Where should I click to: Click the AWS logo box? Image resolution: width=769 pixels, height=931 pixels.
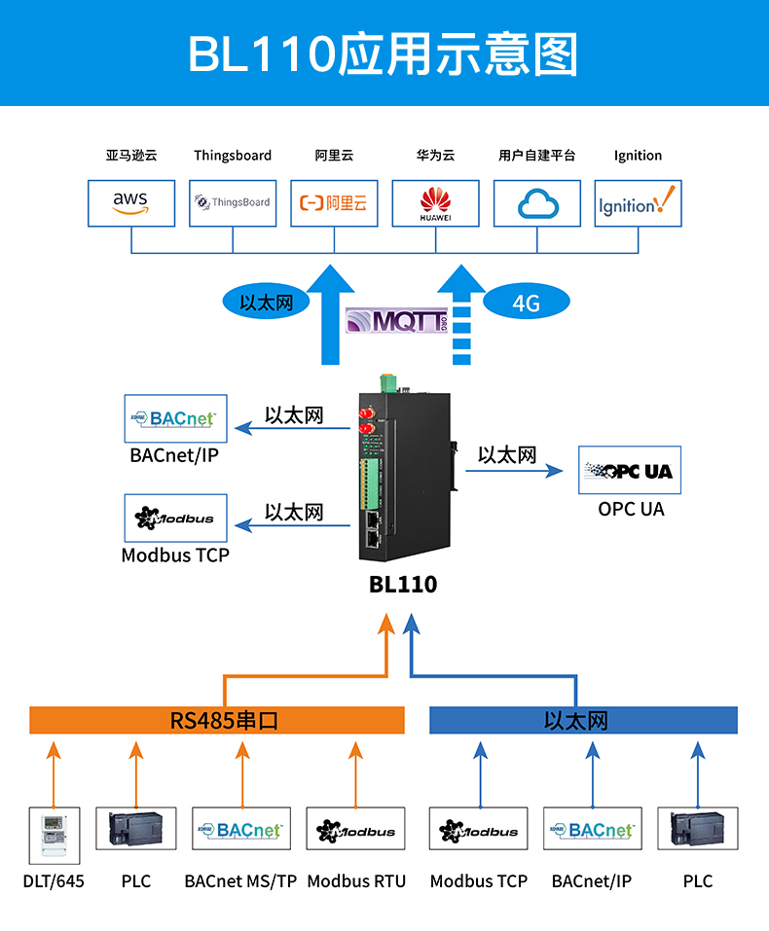tap(130, 202)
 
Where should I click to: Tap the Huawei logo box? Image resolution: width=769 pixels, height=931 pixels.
tap(435, 202)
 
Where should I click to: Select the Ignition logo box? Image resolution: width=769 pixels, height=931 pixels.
tap(638, 202)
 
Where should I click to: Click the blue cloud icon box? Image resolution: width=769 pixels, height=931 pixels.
tap(536, 202)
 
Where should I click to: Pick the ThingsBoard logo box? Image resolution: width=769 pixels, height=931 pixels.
tap(233, 202)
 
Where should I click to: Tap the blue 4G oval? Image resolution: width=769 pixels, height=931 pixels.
tap(526, 303)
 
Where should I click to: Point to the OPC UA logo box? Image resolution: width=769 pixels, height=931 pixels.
tap(630, 471)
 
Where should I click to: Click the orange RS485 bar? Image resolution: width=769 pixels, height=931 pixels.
tap(217, 720)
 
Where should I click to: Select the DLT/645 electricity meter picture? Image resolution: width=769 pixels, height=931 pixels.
tap(54, 835)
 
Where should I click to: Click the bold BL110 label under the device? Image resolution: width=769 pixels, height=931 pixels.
tap(403, 585)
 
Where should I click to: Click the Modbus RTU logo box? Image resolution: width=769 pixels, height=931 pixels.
tap(355, 830)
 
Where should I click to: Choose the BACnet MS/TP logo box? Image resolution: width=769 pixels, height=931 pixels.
tap(241, 830)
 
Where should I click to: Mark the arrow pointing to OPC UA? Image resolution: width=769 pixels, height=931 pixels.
tap(514, 471)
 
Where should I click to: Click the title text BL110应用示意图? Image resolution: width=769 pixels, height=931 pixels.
tap(383, 54)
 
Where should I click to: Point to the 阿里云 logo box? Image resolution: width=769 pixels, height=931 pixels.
tap(334, 202)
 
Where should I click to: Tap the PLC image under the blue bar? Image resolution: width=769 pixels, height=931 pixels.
tap(697, 830)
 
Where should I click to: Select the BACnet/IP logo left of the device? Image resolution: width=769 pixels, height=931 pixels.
tap(176, 418)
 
